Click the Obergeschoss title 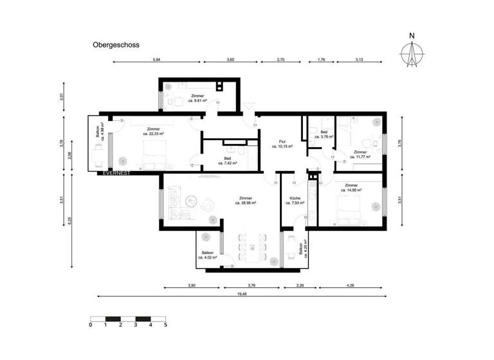point(116,46)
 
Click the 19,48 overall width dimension point(242,295)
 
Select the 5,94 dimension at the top point(156,59)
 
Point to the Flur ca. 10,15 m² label point(282,143)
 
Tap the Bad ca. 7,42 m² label point(228,161)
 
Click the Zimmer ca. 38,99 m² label point(245,201)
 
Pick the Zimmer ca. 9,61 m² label point(197,98)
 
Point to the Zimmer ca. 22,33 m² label point(153,131)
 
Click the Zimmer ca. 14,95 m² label point(351,187)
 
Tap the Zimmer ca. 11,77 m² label point(360,154)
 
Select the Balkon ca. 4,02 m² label point(208,255)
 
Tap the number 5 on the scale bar point(165,325)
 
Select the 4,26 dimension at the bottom point(349,285)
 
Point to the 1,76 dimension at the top point(322,59)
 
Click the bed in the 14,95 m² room point(351,206)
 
